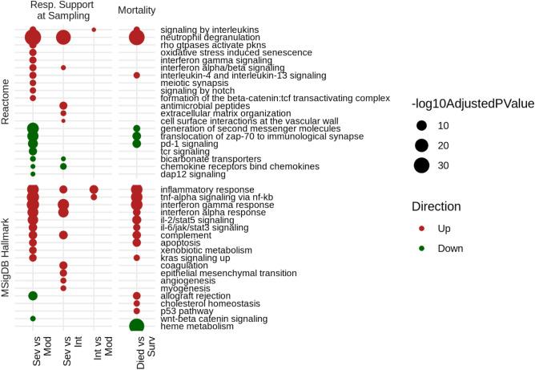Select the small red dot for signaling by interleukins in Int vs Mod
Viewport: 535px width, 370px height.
94,30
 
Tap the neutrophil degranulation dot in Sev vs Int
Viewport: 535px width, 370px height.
63,37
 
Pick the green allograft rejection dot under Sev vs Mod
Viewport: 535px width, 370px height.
33,295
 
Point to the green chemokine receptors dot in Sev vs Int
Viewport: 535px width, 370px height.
63,166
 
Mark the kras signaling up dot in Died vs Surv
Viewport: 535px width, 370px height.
136,258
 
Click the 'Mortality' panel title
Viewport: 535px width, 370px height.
137,10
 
